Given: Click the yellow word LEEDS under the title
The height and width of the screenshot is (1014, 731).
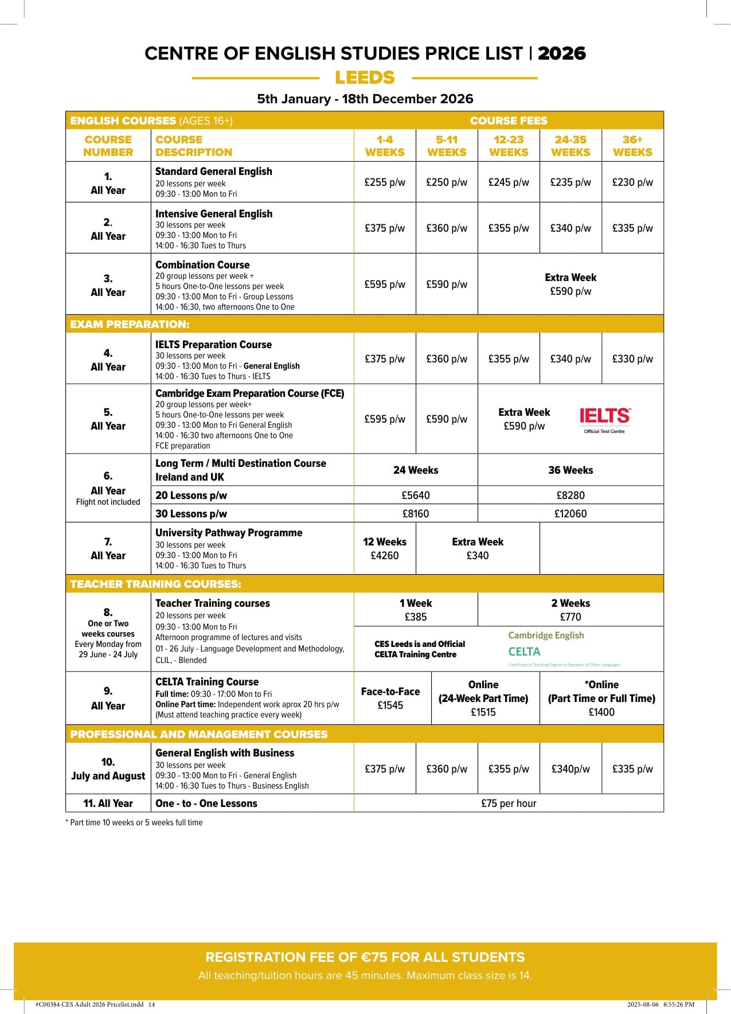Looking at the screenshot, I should (365, 77).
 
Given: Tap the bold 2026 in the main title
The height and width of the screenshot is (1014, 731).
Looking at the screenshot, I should (561, 53).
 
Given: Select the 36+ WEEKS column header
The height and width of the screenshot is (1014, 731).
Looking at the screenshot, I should (632, 146).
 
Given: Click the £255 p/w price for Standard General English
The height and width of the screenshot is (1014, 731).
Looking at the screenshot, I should (385, 182).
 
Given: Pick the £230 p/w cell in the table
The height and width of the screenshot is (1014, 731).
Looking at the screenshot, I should (632, 182).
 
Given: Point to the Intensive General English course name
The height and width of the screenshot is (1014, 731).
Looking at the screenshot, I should (214, 213).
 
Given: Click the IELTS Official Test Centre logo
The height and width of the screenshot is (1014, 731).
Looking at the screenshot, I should (605, 420).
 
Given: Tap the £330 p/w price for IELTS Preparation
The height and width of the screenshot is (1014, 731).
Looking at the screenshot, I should (632, 359).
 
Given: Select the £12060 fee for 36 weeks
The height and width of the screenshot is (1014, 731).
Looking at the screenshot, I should (570, 513).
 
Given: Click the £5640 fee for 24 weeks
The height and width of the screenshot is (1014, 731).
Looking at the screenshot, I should (416, 495).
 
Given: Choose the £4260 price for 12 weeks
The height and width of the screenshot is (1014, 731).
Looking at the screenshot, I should (385, 555).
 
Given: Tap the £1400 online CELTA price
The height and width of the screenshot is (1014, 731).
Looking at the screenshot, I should (601, 712).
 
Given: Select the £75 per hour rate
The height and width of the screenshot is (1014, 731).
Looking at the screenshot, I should (509, 803).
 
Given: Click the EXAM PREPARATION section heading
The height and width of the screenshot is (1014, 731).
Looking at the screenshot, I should (130, 324).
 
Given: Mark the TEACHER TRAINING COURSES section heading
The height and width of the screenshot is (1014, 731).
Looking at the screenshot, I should (155, 584).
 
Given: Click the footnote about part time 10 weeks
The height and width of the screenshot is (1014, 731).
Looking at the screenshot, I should (134, 822).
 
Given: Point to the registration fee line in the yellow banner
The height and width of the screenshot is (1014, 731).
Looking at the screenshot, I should (365, 957).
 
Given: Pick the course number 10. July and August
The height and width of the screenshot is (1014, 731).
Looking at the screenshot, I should (108, 769).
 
